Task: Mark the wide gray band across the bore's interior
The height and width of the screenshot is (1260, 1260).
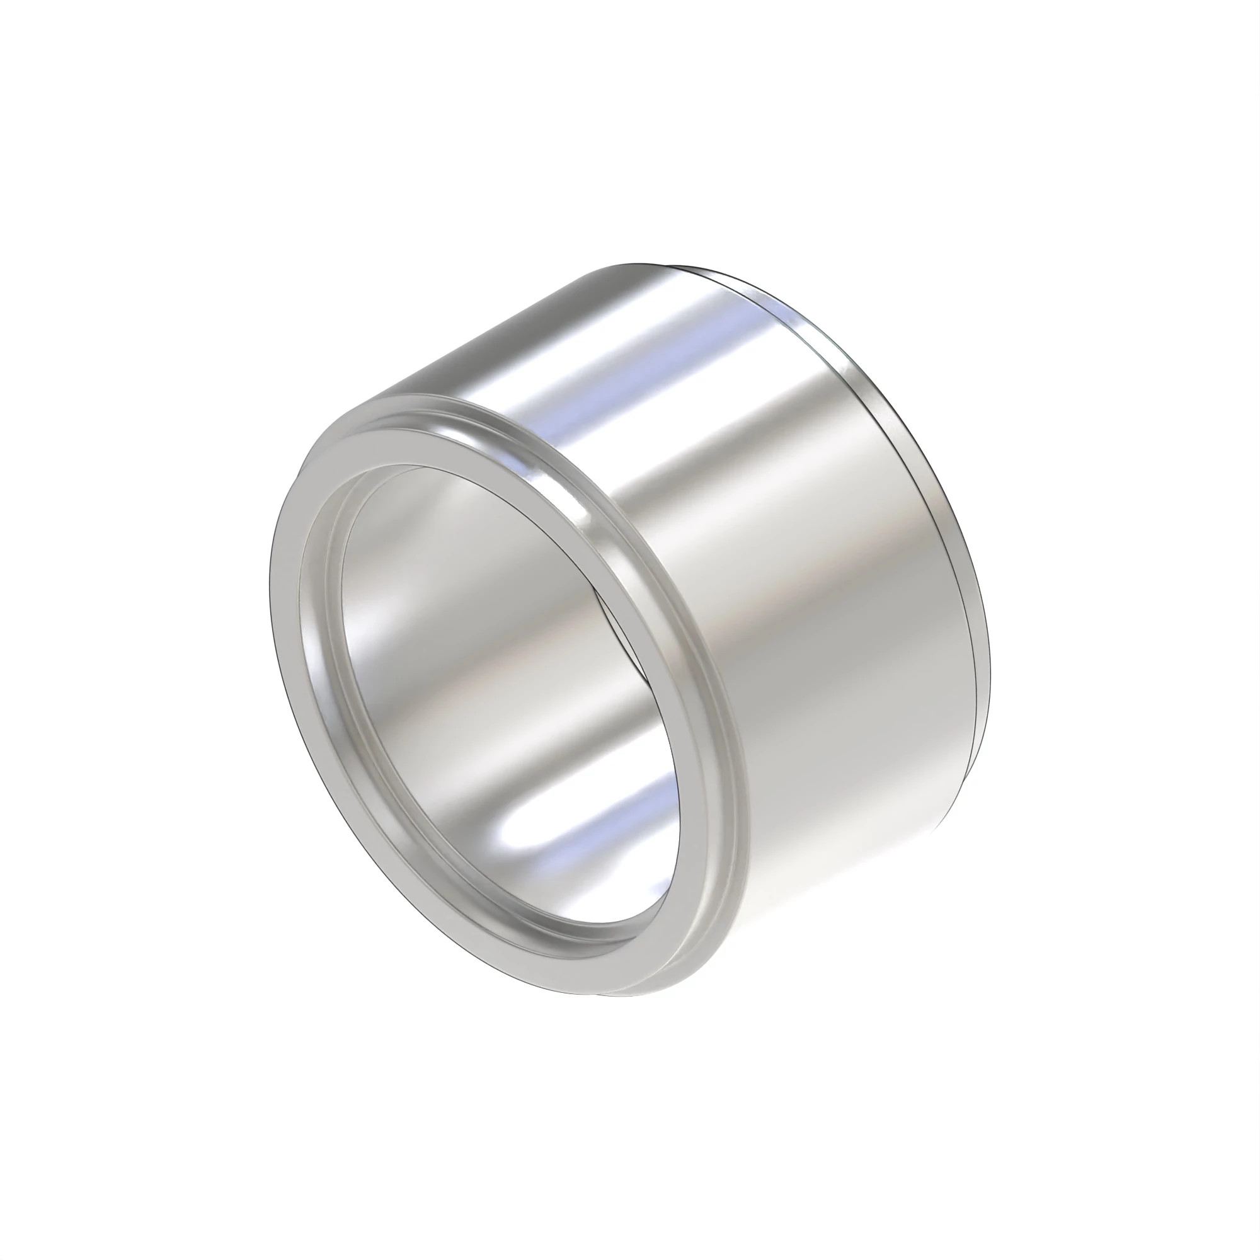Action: (x=496, y=704)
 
